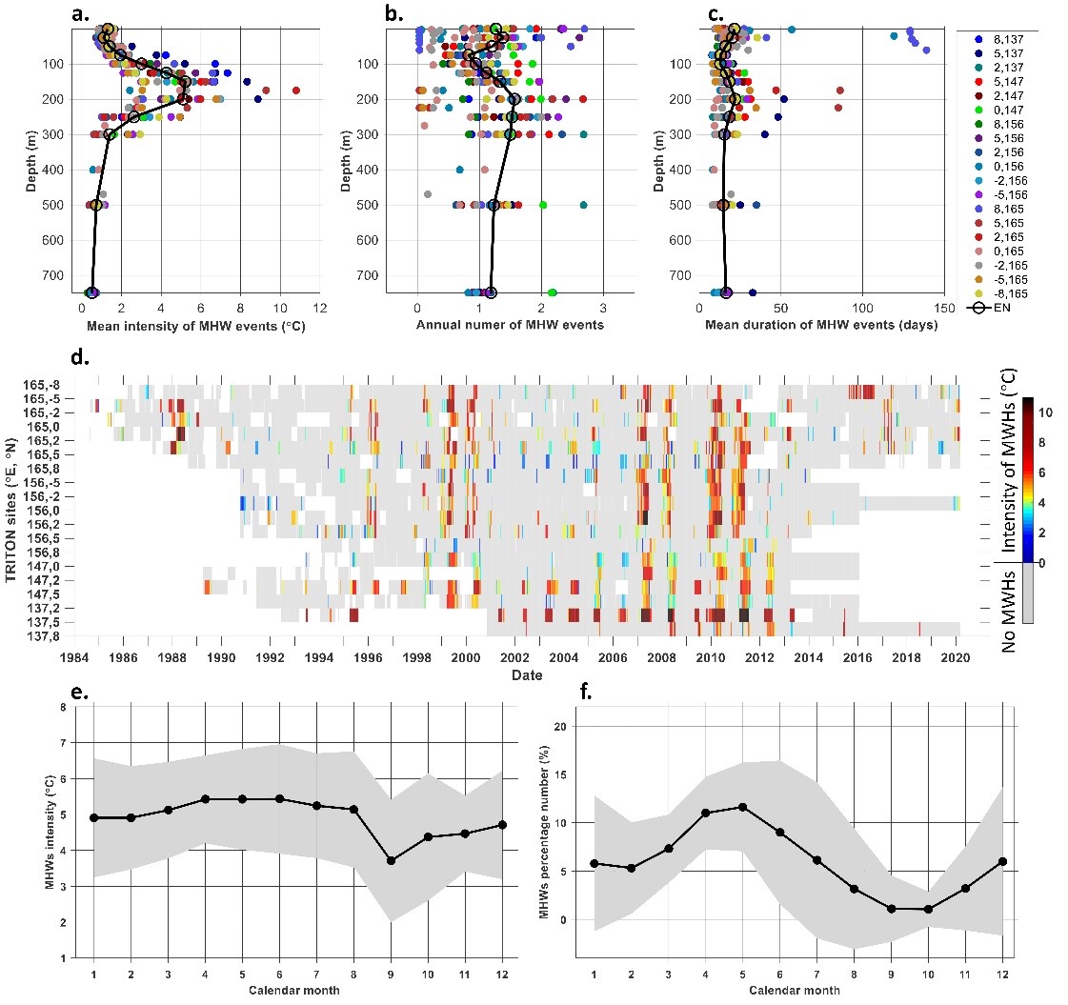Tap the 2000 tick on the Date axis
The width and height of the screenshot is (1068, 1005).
click(465, 657)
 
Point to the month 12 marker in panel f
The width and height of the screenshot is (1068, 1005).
click(1002, 861)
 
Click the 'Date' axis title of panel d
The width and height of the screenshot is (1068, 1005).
click(526, 675)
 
